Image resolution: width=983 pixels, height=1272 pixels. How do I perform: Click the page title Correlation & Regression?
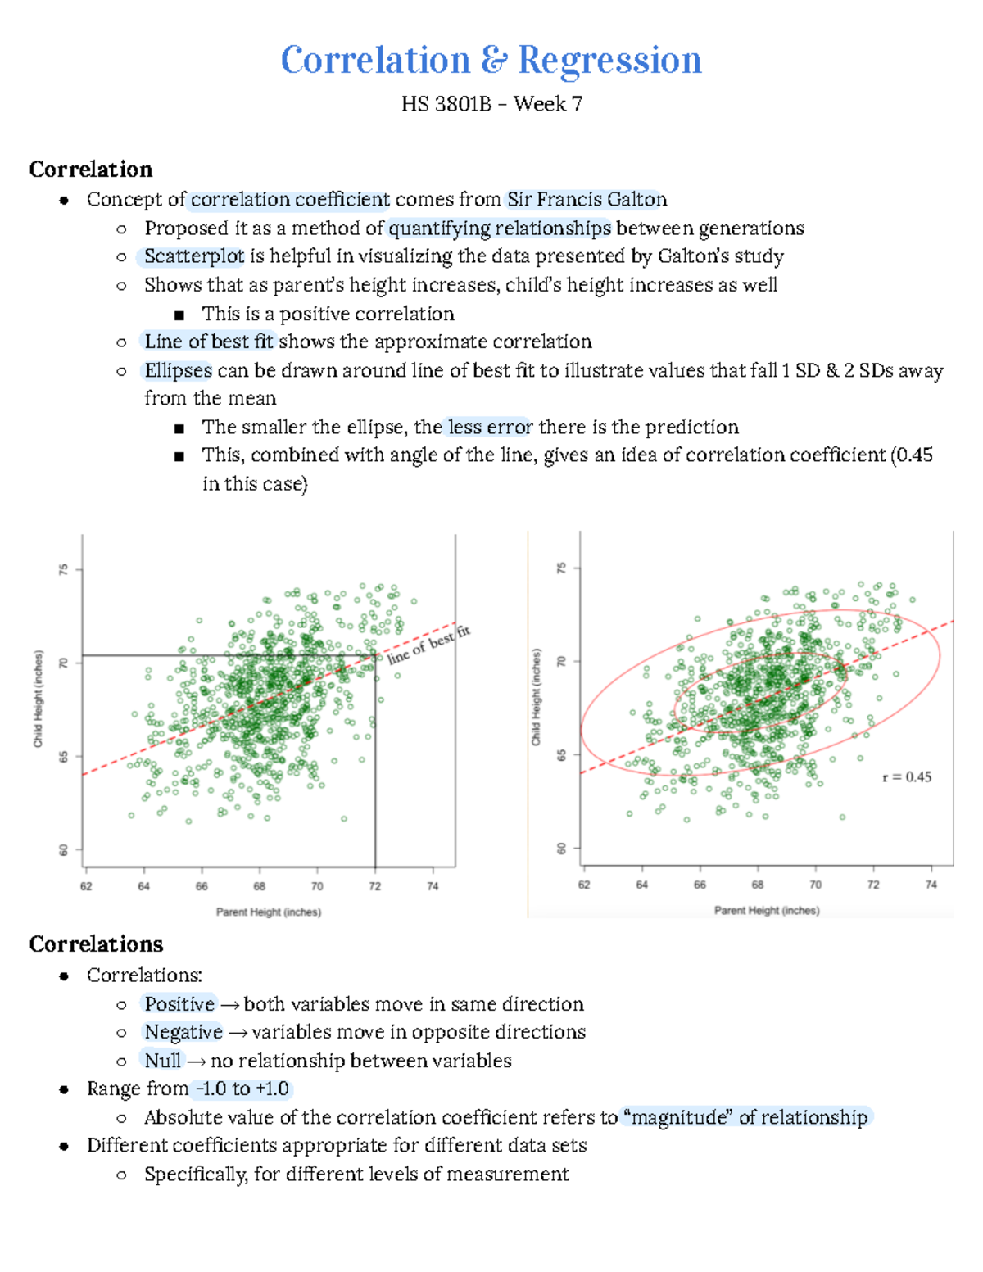(x=491, y=61)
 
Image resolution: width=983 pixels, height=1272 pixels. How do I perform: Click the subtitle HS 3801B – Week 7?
(x=491, y=104)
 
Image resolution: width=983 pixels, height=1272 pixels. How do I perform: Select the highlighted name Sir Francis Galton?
(x=587, y=200)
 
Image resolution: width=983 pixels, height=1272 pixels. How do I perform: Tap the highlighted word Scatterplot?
(x=194, y=256)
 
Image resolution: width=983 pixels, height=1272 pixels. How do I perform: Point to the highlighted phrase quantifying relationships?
(x=500, y=229)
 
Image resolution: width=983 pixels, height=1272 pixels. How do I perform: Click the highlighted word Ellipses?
(x=178, y=370)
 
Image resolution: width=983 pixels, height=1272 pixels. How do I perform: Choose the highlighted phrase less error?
(x=489, y=428)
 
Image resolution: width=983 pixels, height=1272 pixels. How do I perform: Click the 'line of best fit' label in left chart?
(x=429, y=645)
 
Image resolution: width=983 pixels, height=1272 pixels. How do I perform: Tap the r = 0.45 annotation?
(x=906, y=777)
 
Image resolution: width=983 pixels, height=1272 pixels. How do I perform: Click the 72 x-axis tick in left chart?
(x=374, y=886)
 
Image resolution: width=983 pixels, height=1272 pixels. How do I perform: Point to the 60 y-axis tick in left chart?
(x=63, y=850)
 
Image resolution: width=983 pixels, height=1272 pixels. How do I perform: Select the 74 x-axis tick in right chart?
(x=931, y=885)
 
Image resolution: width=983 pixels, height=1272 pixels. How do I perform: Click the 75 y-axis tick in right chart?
(x=561, y=568)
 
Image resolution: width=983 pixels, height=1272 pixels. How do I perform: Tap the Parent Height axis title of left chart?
(x=269, y=912)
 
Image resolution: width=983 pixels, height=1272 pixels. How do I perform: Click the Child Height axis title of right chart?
(x=536, y=697)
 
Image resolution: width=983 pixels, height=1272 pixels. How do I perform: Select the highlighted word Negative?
(x=183, y=1032)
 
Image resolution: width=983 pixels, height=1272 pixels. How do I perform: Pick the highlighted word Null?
(x=163, y=1061)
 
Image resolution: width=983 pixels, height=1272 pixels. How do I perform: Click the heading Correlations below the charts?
(x=96, y=944)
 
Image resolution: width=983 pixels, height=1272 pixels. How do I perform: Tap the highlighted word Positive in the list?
(x=179, y=1004)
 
